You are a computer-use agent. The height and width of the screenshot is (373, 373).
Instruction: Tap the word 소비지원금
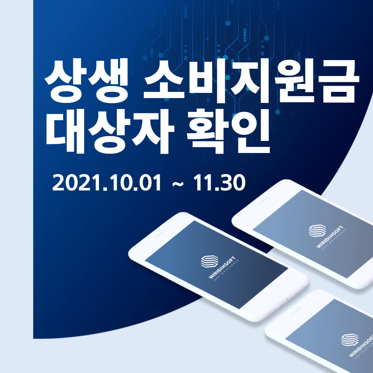point(248,82)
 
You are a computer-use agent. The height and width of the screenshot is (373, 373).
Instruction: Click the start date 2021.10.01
point(107,183)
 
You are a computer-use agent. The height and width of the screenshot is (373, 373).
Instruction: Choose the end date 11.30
point(219,183)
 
